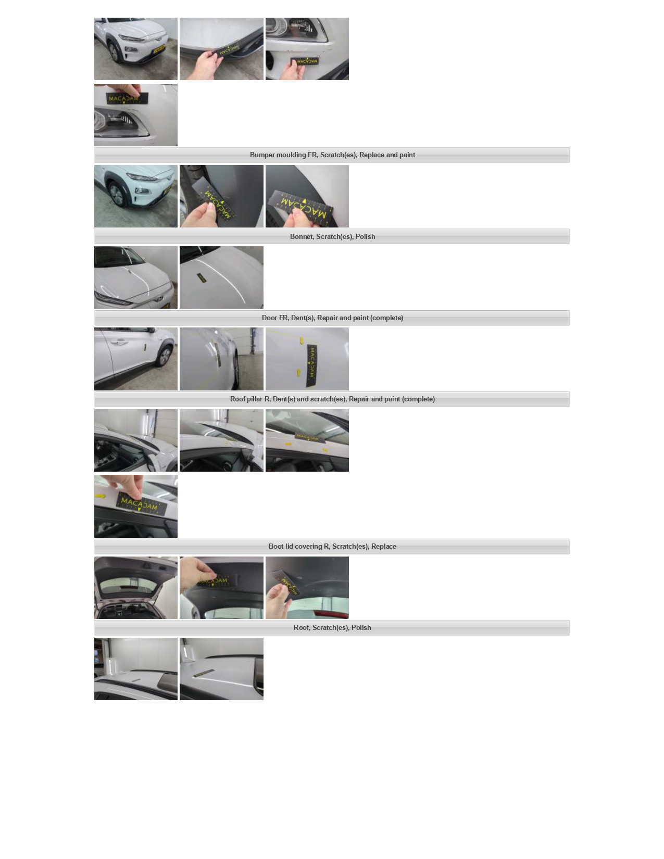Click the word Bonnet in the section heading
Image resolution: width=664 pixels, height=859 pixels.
301,236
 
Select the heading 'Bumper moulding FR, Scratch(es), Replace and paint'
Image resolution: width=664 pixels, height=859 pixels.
332,155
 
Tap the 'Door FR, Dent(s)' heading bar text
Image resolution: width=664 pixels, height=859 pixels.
332,318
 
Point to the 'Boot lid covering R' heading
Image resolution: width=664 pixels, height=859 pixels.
332,546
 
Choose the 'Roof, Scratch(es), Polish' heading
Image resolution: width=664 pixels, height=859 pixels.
332,627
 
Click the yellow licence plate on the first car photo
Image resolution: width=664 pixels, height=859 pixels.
159,49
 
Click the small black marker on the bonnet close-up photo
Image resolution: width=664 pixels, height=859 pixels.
202,278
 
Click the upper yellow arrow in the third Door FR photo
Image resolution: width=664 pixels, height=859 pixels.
302,340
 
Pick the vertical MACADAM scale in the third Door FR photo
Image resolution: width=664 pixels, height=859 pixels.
311,365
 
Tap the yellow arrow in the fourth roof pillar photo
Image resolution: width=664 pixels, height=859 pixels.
101,496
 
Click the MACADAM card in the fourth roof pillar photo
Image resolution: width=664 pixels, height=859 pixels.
142,503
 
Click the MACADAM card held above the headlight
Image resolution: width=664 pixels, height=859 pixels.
123,98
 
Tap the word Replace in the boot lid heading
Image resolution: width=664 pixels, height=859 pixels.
384,546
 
